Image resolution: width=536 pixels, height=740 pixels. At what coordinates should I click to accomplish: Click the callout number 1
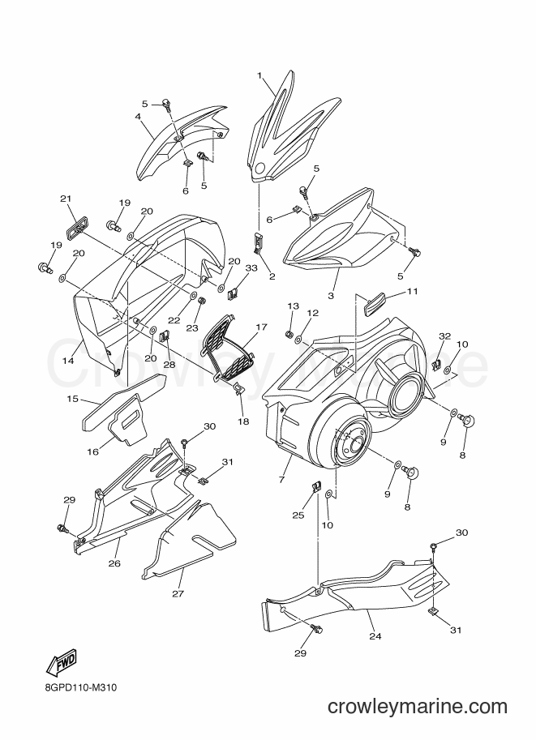[x=259, y=75]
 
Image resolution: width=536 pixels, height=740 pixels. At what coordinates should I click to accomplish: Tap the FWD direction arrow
[x=61, y=663]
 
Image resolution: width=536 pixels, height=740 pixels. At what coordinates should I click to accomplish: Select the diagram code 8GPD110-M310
[x=79, y=688]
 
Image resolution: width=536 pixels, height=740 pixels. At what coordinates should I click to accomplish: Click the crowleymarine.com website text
[x=418, y=707]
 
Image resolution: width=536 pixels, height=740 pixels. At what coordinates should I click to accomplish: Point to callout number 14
[x=68, y=361]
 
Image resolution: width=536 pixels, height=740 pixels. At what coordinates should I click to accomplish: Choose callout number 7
[x=281, y=480]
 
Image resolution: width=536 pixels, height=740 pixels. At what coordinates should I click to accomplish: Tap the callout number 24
[x=375, y=636]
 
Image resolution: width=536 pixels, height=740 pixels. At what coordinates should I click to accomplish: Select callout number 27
[x=178, y=593]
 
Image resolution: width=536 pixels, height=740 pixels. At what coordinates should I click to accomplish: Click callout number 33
[x=251, y=268]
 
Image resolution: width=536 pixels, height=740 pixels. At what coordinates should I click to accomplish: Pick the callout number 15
[x=72, y=399]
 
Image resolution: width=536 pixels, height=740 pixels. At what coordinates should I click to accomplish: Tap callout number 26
[x=114, y=563]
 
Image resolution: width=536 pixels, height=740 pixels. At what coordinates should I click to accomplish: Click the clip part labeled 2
[x=257, y=242]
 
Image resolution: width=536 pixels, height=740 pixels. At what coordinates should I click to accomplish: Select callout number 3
[x=331, y=296]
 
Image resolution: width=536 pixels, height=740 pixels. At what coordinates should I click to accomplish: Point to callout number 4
[x=138, y=116]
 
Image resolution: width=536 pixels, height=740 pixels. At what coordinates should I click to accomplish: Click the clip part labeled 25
[x=316, y=486]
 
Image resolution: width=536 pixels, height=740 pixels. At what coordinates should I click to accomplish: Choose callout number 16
[x=92, y=452]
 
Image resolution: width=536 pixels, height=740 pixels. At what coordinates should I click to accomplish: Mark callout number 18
[x=243, y=422]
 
